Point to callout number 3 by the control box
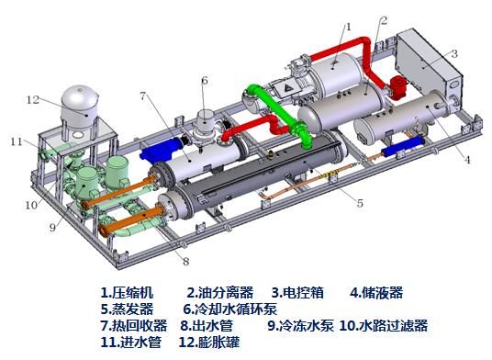click(453, 54)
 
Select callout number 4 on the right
click(467, 160)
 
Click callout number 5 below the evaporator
click(359, 203)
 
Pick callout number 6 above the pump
click(204, 81)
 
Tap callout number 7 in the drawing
click(143, 96)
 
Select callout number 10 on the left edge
click(30, 205)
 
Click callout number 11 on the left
click(16, 141)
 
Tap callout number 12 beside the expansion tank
click(31, 99)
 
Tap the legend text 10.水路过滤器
click(383, 325)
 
